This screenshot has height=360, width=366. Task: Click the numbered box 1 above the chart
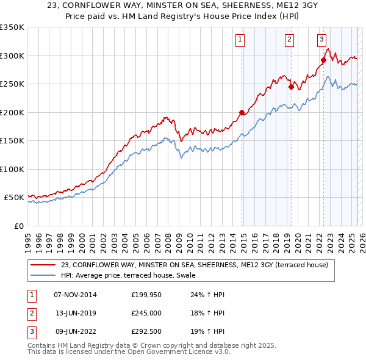pyautogui.click(x=240, y=40)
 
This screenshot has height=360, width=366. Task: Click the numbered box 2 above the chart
pyautogui.click(x=289, y=40)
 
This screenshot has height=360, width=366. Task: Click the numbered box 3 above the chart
pyautogui.click(x=321, y=40)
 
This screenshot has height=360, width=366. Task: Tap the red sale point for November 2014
pyautogui.click(x=242, y=112)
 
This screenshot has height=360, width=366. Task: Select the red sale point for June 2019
pyautogui.click(x=292, y=87)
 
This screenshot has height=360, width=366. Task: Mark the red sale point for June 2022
pyautogui.click(x=323, y=60)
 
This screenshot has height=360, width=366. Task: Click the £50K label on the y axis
pyautogui.click(x=15, y=198)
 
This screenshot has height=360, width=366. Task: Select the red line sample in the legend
pyautogui.click(x=44, y=265)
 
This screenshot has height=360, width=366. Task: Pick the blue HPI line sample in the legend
pyautogui.click(x=44, y=275)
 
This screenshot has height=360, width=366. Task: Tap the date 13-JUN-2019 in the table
pyautogui.click(x=75, y=313)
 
